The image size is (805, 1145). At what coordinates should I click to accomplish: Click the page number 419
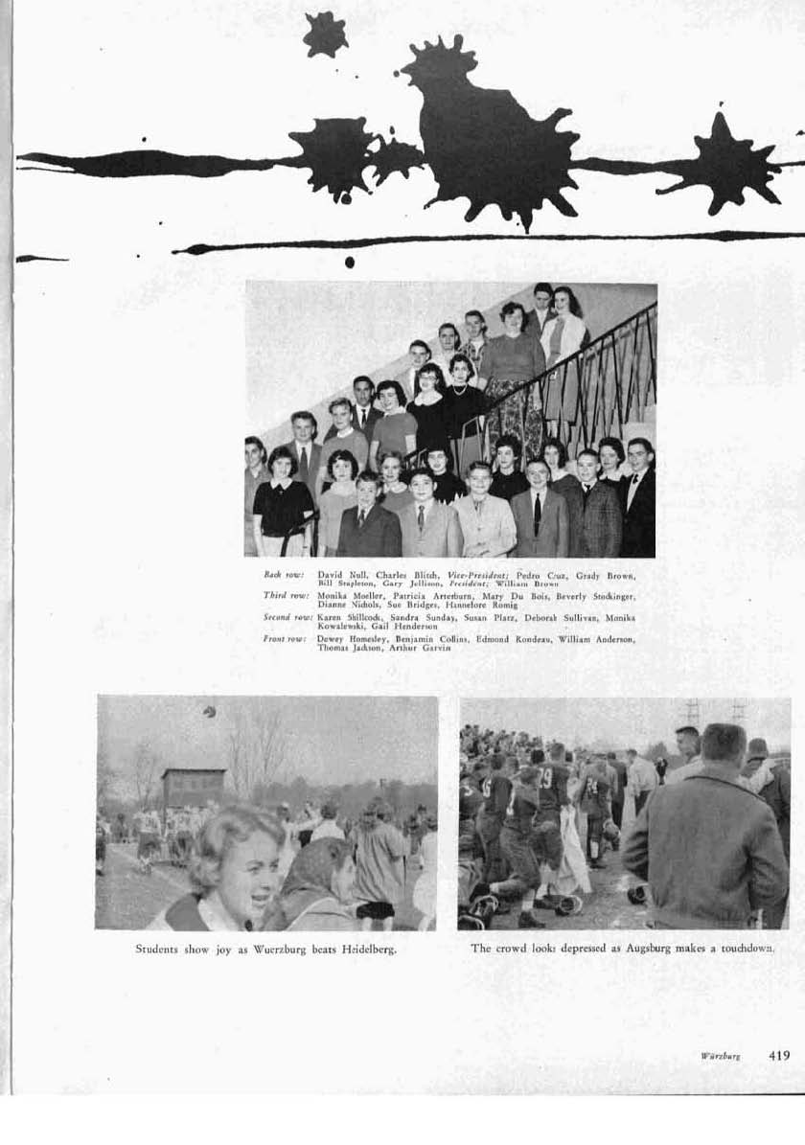779,1055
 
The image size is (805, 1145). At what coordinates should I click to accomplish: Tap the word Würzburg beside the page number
720,1056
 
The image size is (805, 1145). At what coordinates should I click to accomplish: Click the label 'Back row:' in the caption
284,574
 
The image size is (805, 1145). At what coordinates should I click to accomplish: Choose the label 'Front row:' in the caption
284,639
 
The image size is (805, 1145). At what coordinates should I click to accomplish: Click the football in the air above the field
209,711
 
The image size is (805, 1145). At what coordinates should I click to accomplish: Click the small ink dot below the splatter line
349,262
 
